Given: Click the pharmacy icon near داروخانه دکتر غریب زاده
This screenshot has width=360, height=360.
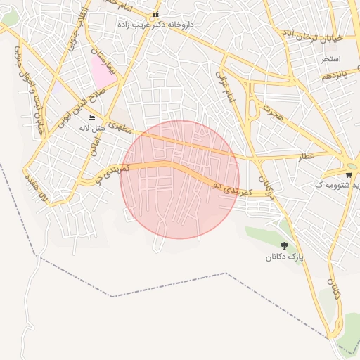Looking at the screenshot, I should (155, 14).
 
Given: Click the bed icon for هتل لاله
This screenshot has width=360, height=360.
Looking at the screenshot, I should (91, 117).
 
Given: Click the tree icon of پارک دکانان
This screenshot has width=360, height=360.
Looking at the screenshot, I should (284, 245).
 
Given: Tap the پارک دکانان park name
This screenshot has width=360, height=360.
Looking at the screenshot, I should (285, 257).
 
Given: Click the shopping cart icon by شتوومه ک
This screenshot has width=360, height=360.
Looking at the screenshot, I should (349, 174).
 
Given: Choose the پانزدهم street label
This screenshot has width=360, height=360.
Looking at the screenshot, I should (335, 75).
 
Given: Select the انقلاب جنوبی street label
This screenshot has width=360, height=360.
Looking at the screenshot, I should (76, 28).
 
